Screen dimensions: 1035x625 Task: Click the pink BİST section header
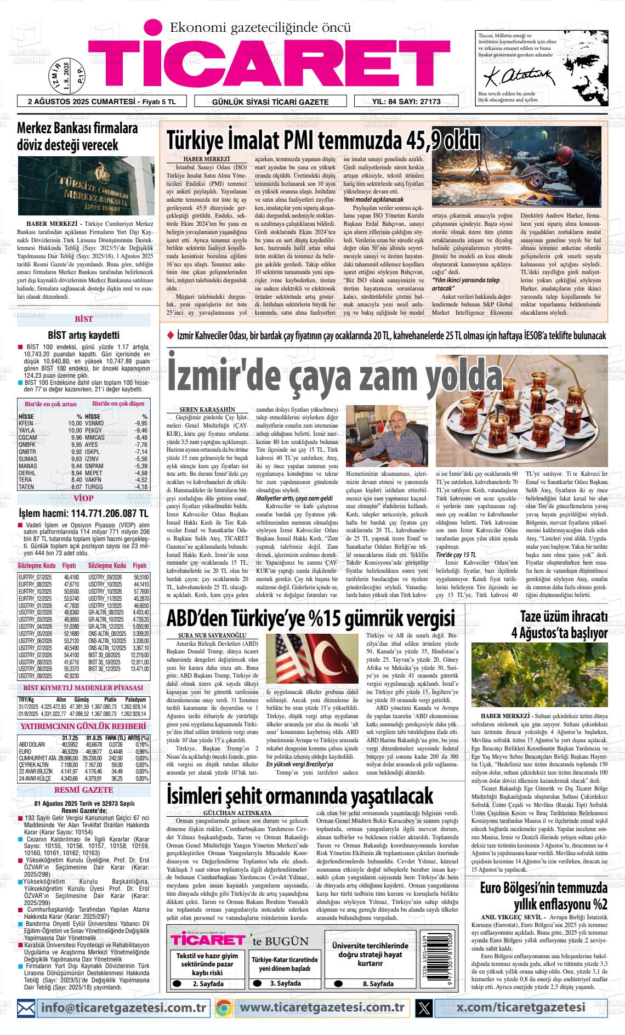(83, 320)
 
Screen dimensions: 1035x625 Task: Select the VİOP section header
(83, 498)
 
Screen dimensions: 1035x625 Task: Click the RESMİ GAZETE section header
(83, 790)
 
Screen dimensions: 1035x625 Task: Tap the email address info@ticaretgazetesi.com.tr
(123, 1006)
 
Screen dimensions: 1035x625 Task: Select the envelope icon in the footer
(27, 1007)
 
